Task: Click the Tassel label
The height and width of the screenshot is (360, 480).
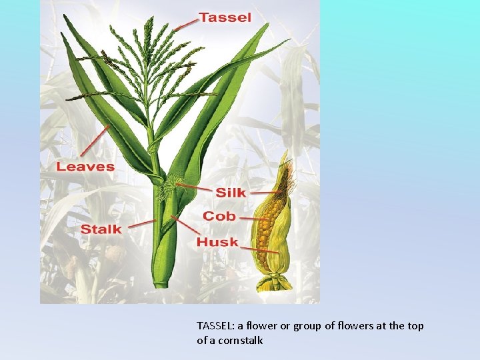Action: [x=225, y=17]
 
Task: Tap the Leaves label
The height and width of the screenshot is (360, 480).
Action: [x=85, y=167]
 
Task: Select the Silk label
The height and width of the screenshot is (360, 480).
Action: [x=230, y=193]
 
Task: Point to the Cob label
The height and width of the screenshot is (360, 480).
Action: [x=219, y=216]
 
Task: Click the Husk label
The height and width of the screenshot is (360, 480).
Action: [x=217, y=241]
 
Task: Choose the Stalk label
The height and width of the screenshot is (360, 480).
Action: [x=101, y=229]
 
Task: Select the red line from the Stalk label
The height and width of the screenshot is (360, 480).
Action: [x=141, y=225]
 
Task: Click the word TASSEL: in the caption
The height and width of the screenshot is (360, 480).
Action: [x=217, y=326]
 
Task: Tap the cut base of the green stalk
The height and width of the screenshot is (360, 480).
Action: [x=161, y=283]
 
